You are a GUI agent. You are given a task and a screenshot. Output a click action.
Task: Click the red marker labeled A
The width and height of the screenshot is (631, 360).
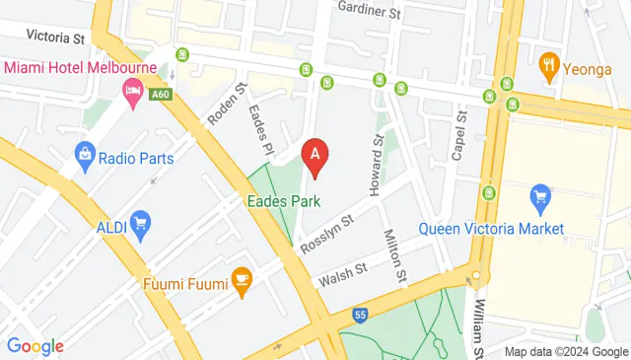tap(315, 156)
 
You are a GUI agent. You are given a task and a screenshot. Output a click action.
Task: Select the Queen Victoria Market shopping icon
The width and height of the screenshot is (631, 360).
tap(539, 198)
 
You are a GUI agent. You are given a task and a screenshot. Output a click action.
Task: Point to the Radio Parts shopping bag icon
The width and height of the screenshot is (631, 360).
tap(86, 156)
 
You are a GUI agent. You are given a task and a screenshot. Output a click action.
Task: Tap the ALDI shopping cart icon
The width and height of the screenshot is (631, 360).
tap(140, 224)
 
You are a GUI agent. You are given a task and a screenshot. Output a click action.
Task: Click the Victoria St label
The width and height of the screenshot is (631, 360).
tap(55, 36)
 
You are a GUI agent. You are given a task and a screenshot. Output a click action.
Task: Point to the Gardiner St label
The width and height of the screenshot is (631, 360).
tap(370, 13)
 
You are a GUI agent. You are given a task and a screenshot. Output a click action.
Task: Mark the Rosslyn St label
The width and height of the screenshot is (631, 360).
tap(327, 234)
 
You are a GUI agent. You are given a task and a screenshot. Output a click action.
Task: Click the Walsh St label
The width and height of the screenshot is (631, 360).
tap(341, 274)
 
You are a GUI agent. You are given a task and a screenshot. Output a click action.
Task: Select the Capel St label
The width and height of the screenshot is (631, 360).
tap(457, 136)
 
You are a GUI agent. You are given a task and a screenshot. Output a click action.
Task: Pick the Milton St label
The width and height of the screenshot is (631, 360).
tap(394, 253)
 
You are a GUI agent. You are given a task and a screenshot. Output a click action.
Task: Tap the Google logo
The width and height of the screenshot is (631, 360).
tap(35, 345)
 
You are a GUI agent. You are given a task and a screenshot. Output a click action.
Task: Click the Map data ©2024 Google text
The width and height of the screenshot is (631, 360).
tap(566, 352)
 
